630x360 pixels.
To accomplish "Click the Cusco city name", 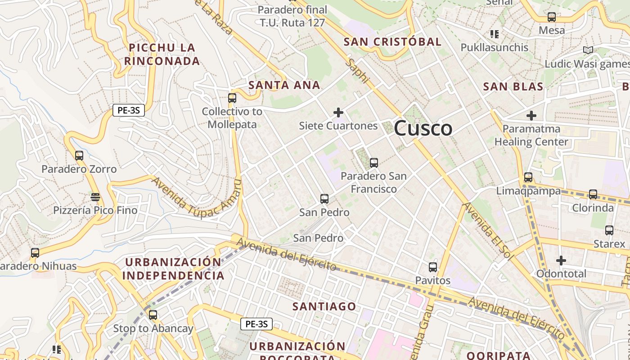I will tap(423, 129).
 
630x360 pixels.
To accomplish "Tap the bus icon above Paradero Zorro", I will tap(79, 156).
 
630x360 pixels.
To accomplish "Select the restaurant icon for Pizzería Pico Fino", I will tap(95, 197).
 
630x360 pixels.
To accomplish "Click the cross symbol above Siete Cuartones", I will tap(338, 112).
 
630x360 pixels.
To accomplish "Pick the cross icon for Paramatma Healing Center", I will tap(531, 115).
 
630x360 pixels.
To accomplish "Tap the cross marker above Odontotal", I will tap(561, 260).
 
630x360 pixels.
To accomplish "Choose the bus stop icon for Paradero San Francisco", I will tap(373, 162).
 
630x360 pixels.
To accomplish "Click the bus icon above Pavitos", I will tap(432, 267).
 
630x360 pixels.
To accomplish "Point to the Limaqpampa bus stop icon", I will tap(528, 177).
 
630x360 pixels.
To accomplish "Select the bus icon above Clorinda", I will tap(593, 194).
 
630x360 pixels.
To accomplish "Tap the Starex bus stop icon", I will tap(609, 230).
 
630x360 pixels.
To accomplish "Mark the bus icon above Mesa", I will tap(551, 17).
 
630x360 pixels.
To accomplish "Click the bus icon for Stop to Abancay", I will tap(153, 315).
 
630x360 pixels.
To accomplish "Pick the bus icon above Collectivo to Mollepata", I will tap(232, 98).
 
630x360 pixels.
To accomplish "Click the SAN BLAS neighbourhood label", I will tap(513, 86).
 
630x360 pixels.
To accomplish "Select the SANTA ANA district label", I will tap(284, 85).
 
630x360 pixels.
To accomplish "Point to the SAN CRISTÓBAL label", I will tap(393, 42).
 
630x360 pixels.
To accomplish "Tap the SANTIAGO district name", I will tap(324, 306).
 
